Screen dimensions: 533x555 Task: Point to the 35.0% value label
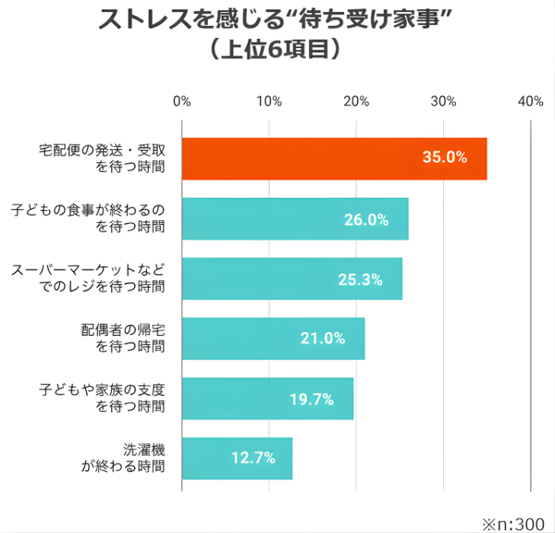pyautogui.click(x=444, y=158)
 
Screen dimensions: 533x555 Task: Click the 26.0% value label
pyautogui.click(x=366, y=219)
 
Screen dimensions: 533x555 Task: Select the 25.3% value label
pyautogui.click(x=359, y=279)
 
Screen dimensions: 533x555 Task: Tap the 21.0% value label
pyautogui.click(x=323, y=339)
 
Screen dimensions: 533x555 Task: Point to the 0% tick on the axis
pyautogui.click(x=182, y=102)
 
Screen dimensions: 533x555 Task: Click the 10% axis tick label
pyautogui.click(x=269, y=102)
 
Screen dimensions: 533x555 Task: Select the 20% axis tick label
pyautogui.click(x=356, y=102)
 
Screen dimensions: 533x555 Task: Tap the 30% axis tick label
pyautogui.click(x=443, y=102)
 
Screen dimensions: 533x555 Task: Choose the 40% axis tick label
pyautogui.click(x=530, y=102)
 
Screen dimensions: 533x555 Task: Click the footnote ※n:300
pyautogui.click(x=512, y=523)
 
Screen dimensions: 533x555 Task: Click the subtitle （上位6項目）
pyautogui.click(x=276, y=49)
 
